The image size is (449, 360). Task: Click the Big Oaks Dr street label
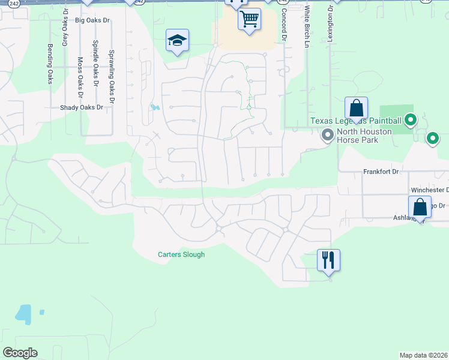[x=93, y=20]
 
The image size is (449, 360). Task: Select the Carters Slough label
[x=181, y=254]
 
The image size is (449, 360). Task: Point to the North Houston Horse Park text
[x=364, y=136]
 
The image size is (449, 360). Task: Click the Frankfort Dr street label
[x=381, y=172]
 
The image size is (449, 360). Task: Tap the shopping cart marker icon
[x=249, y=19]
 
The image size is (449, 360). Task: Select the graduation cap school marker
[x=177, y=41]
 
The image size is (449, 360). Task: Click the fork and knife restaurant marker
[x=328, y=260]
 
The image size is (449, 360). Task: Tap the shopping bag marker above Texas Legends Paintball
[x=356, y=109]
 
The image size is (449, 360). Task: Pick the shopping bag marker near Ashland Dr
[x=420, y=207]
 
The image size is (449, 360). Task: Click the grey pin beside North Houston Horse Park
[x=327, y=135]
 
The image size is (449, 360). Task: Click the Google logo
[x=20, y=353]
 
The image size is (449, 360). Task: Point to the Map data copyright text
[x=423, y=355]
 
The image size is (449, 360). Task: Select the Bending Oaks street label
[x=50, y=64]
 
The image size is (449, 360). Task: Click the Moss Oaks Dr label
[x=80, y=77]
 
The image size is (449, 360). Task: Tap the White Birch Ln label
[x=306, y=26]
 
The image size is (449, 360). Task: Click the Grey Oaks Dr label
[x=65, y=31]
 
